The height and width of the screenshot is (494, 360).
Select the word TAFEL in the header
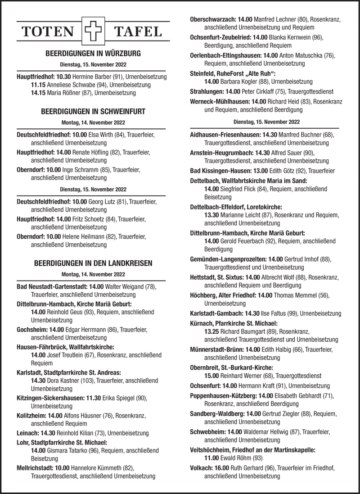click(138, 32)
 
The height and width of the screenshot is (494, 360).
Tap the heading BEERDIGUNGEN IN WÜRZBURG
click(93, 54)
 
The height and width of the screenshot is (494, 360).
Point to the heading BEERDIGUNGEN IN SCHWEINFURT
click(93, 111)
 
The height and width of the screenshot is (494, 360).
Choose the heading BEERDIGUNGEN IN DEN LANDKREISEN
click(93, 263)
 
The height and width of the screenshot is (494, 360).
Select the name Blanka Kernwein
click(290, 37)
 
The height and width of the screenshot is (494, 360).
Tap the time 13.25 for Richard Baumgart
click(211, 331)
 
